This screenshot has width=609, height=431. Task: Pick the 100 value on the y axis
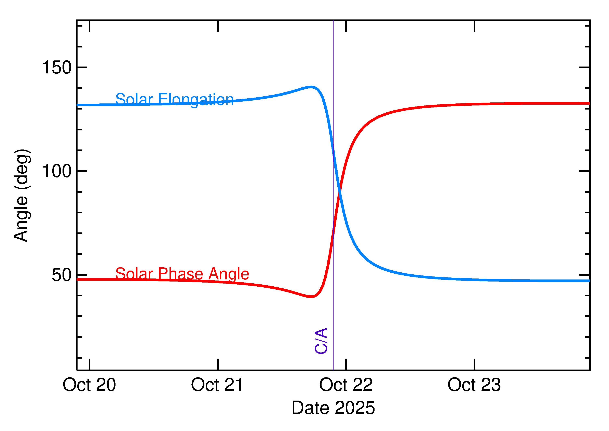(57, 171)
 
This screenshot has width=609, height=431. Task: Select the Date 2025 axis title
(333, 408)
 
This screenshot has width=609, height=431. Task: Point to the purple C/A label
(321, 341)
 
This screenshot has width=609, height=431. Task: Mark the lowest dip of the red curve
(311, 297)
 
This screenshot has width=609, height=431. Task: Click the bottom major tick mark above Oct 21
(218, 364)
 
